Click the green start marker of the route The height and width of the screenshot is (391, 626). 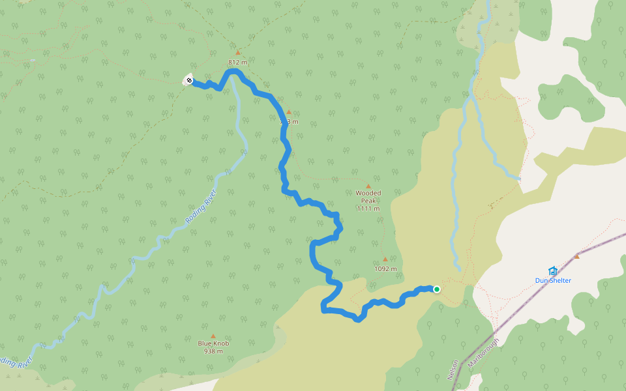pyautogui.click(x=436, y=289)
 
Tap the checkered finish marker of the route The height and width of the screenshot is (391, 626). pyautogui.click(x=188, y=80)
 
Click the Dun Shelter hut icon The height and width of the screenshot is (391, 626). pyautogui.click(x=553, y=270)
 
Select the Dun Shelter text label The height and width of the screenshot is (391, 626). pyautogui.click(x=553, y=281)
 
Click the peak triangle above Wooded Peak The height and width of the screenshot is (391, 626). pyautogui.click(x=368, y=186)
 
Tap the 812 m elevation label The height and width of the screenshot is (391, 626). pyautogui.click(x=237, y=63)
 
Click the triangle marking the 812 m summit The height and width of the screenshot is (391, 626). pyautogui.click(x=238, y=52)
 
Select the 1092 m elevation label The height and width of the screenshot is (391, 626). pyautogui.click(x=385, y=268)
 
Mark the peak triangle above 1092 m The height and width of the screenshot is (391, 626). pyautogui.click(x=385, y=259)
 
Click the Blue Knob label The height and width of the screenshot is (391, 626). pyautogui.click(x=213, y=343)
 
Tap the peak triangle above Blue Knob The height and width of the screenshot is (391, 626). pyautogui.click(x=213, y=336)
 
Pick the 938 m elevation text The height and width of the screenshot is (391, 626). pyautogui.click(x=213, y=351)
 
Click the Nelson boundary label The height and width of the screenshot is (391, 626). pyautogui.click(x=453, y=370)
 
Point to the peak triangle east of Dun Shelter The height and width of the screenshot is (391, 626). pyautogui.click(x=576, y=256)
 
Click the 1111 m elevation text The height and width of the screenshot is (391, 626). pyautogui.click(x=368, y=209)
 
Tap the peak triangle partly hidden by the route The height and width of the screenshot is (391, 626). pyautogui.click(x=289, y=111)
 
